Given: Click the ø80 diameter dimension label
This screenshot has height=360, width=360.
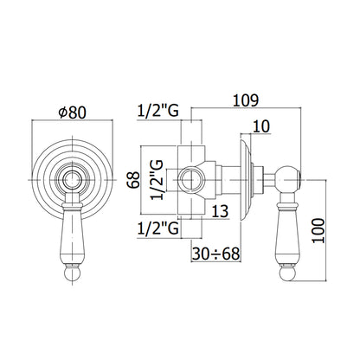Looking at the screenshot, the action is coord(72,112).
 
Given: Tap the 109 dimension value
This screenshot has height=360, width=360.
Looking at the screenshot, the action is coord(246,100).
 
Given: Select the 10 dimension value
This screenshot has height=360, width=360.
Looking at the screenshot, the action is coord(261,126).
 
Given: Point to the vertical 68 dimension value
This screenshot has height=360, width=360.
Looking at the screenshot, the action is coord(133,180).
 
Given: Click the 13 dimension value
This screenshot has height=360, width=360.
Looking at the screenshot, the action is coord(220,211).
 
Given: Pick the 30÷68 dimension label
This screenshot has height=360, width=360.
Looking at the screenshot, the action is coord(216,254).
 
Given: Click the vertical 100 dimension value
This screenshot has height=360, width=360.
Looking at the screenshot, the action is coord(318,231).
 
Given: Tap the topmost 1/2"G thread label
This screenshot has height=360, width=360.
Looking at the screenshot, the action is coord(157,111).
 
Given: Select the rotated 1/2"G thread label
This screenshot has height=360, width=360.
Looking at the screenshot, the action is coord(157,179).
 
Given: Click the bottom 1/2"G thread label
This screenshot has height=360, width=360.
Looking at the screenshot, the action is coord(157,229).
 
